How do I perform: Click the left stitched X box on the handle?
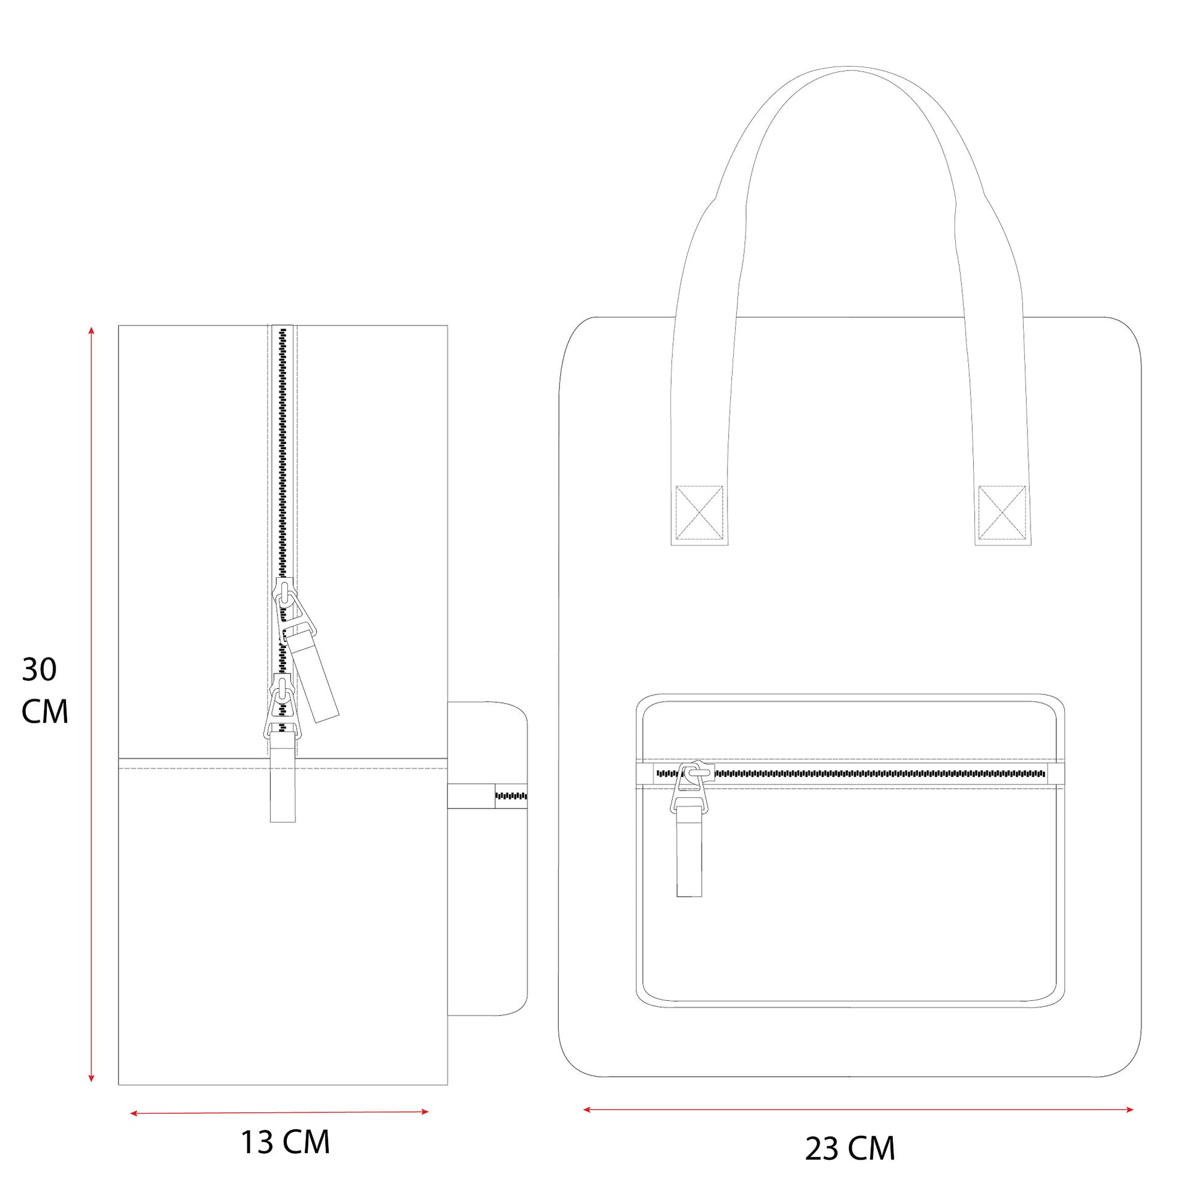[699, 513]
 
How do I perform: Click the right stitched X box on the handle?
[1002, 513]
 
